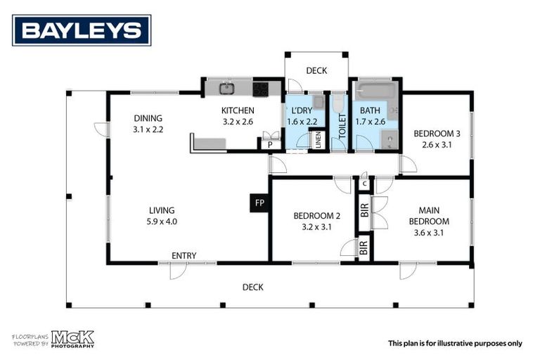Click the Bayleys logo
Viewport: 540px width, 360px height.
[81, 30]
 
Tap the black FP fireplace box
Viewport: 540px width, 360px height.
[259, 203]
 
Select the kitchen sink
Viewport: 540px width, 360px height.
[226, 89]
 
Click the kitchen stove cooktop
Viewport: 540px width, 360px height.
[260, 89]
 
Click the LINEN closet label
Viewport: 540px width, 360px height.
[317, 139]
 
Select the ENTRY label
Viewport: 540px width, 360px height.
[184, 255]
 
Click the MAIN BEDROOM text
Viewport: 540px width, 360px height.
[433, 215]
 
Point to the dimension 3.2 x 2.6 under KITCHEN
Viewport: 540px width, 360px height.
[238, 122]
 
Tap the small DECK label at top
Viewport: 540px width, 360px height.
[316, 70]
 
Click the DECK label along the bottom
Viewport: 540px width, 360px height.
[252, 287]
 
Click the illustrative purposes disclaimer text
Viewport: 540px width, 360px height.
[455, 343]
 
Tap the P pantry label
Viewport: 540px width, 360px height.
[269, 144]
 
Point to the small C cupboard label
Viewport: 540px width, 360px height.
[364, 184]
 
